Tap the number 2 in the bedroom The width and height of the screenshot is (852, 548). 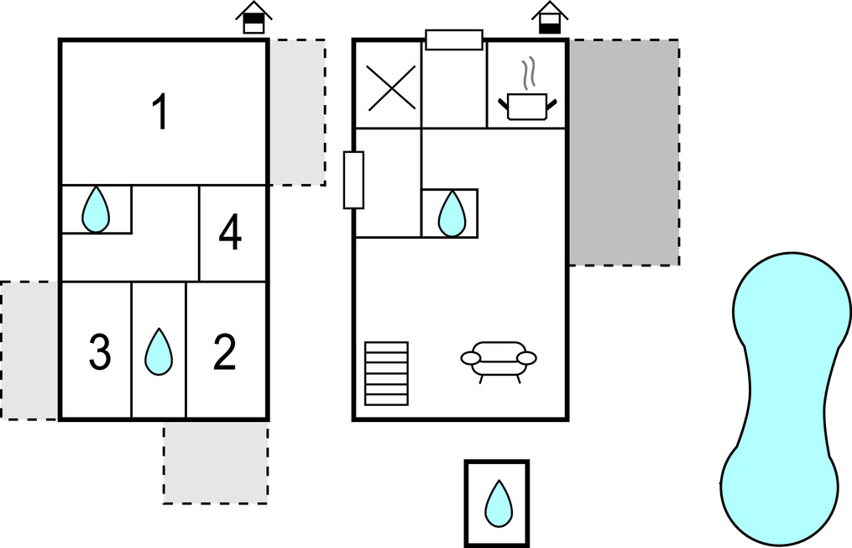coord(224,353)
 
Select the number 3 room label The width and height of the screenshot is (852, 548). coord(99,353)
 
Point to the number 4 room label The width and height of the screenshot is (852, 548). coord(230,234)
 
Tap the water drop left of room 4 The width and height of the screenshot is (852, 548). coord(96,209)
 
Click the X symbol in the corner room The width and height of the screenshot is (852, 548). coord(391,87)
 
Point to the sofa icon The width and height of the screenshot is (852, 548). coord(499,360)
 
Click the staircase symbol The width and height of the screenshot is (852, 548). coord(386,373)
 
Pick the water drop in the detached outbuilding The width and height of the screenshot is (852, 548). coord(498,503)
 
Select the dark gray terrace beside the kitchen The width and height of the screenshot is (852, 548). coord(624,151)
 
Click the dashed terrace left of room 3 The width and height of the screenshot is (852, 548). coord(29,350)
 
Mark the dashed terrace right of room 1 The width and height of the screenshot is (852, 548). coord(296,112)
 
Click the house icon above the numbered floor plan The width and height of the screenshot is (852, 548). coord(254,18)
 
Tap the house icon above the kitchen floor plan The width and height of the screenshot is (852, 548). coord(549,18)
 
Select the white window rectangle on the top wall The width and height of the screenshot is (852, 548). coord(454,40)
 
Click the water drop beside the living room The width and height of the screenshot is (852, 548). coord(452,213)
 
